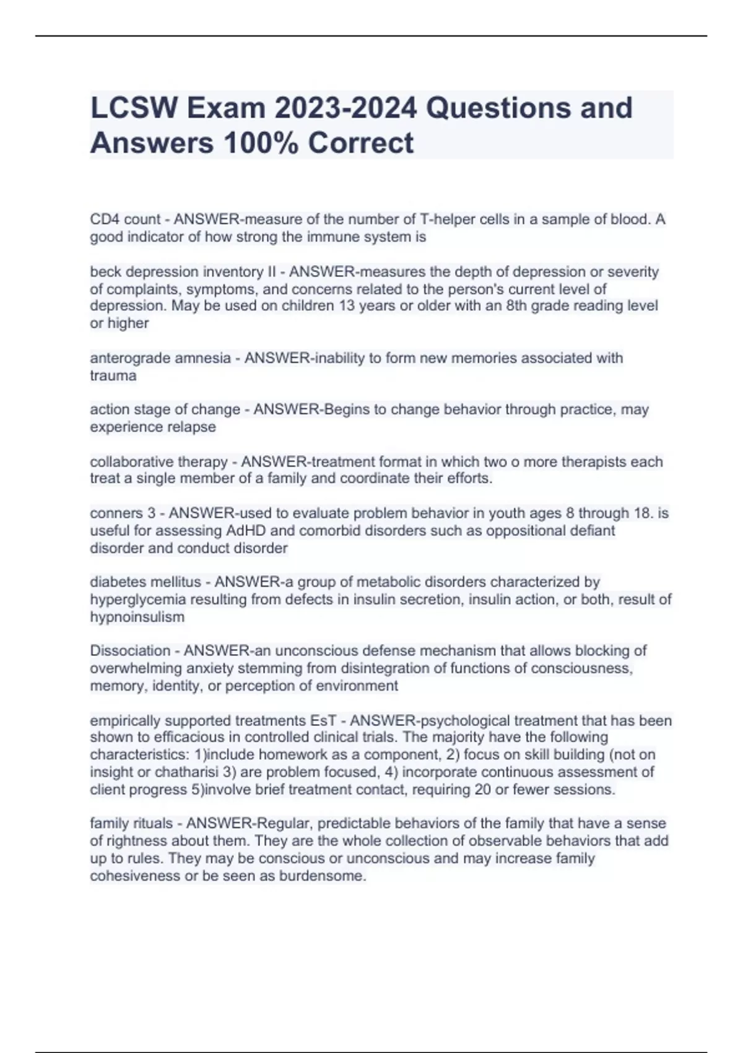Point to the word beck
(x=106, y=272)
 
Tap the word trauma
(x=113, y=375)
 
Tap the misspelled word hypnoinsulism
(x=137, y=617)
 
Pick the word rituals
(x=155, y=824)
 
